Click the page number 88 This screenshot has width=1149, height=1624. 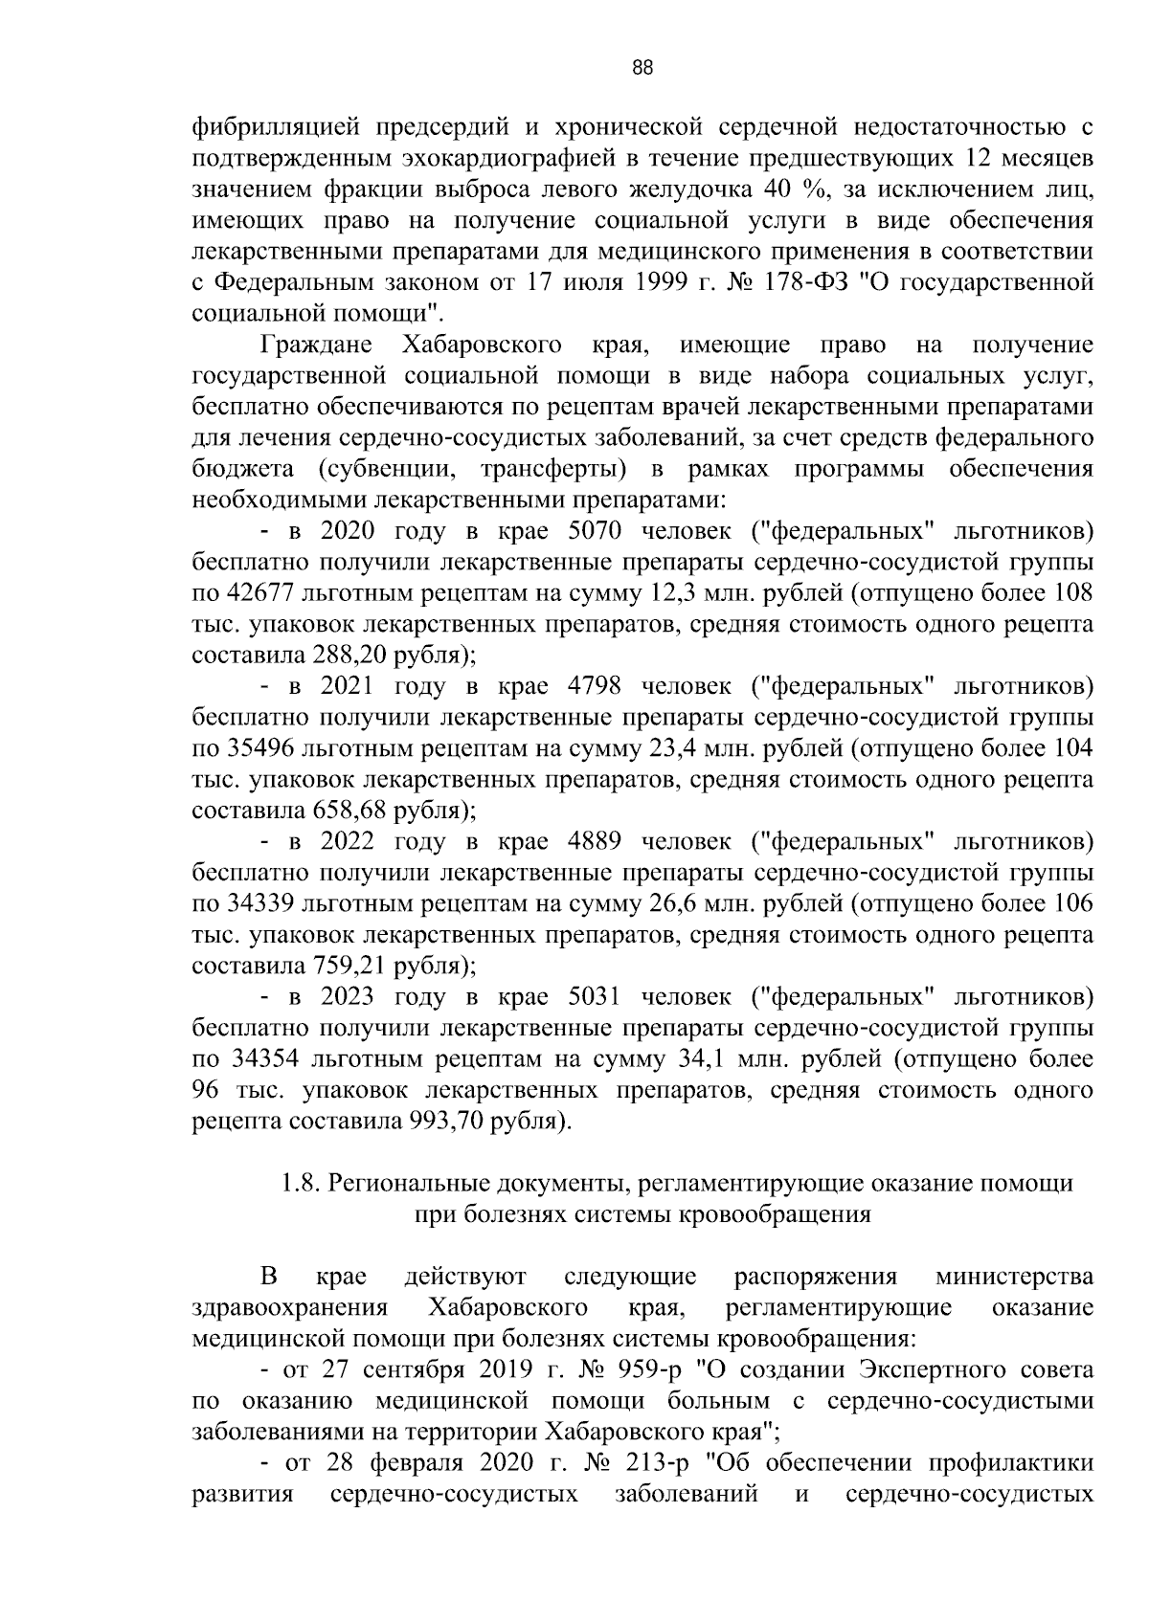[x=642, y=68]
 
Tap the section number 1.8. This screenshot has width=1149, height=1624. [x=300, y=1184]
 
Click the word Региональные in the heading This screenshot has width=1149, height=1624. [x=402, y=1184]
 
